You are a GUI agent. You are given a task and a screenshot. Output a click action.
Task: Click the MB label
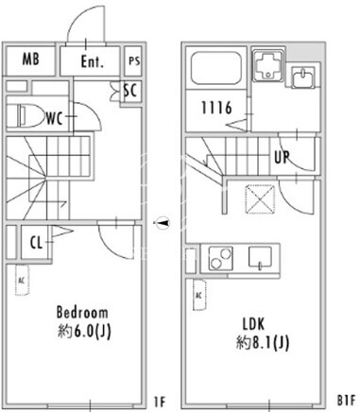pos(31,60)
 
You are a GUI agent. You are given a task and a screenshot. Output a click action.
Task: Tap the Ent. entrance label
pos(93,61)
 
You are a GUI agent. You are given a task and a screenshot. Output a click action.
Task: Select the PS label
pos(134,60)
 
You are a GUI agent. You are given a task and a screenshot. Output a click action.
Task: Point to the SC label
pos(130,91)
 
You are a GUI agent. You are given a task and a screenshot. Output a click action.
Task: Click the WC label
pos(55,119)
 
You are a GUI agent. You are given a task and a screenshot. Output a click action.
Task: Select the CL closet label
pos(36,243)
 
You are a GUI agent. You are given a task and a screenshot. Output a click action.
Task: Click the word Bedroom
pos(82,313)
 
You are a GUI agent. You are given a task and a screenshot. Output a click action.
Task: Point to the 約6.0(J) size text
pos(84,331)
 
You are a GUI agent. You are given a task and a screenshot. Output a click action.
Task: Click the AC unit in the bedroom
pos(22,281)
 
